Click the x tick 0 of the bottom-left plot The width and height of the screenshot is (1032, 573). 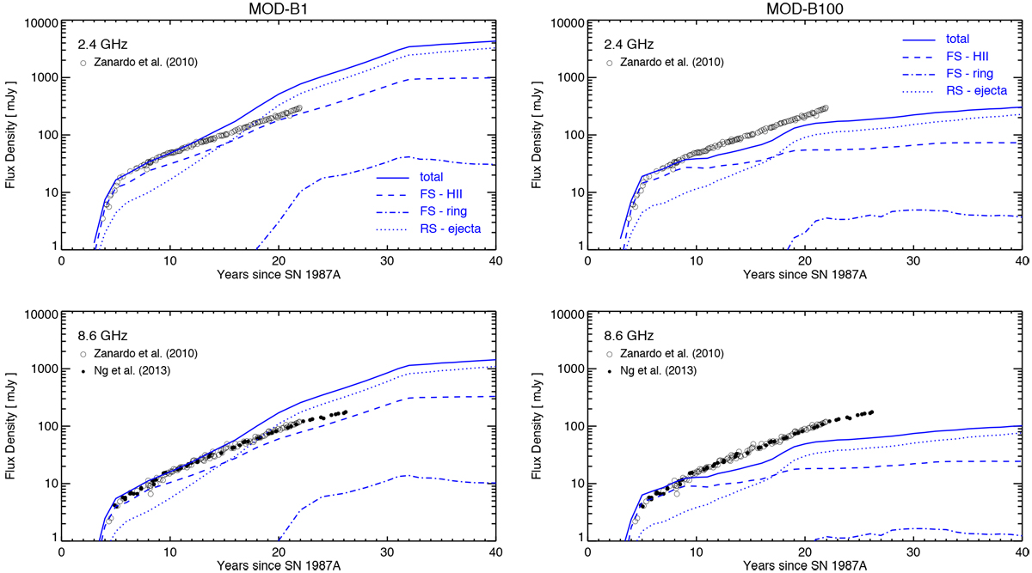(61, 550)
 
